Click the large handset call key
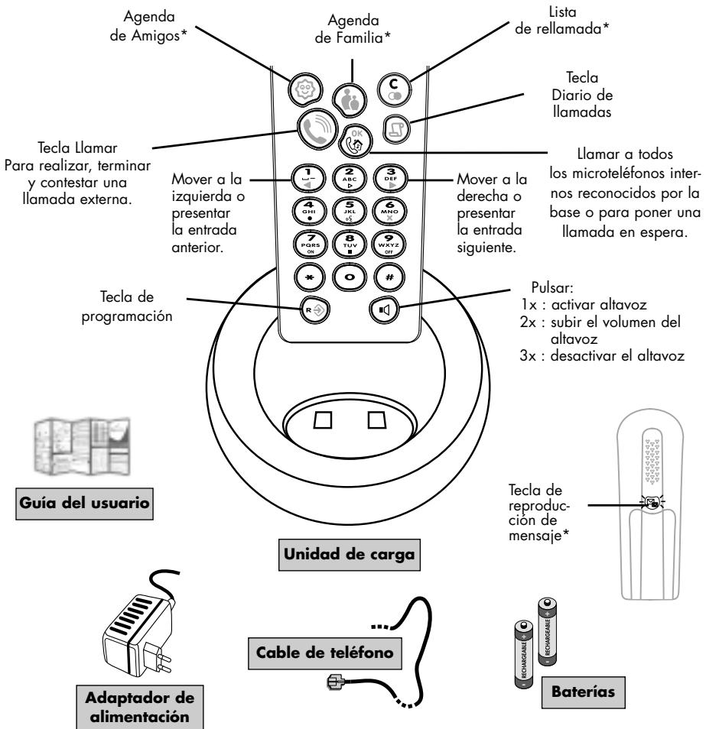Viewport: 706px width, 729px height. (x=315, y=128)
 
